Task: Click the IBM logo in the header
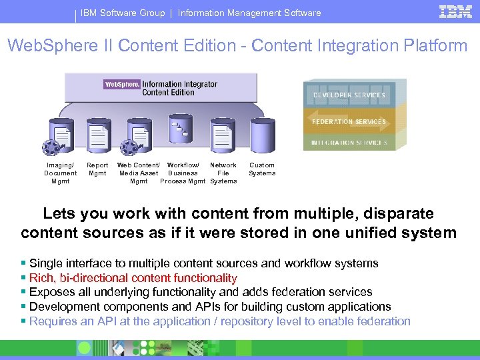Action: (455, 11)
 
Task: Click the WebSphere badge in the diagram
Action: (122, 85)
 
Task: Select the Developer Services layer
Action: (349, 95)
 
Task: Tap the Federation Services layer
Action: (349, 122)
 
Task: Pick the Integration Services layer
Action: (349, 143)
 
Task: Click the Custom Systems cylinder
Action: (263, 137)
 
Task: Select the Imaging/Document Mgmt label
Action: (61, 173)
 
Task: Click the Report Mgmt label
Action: (97, 169)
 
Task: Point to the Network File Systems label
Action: (223, 173)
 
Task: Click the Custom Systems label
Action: (262, 169)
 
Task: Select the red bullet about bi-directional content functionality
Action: (133, 278)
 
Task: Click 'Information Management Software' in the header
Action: (249, 13)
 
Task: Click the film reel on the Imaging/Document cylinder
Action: (50, 147)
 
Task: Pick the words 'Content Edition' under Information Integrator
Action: (168, 93)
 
